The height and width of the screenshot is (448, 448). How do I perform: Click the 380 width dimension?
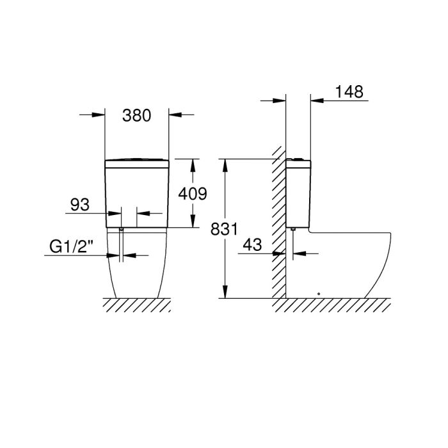tap(136, 116)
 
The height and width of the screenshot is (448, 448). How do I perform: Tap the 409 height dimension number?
tap(193, 194)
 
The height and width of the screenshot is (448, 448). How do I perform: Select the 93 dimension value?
tap(80, 205)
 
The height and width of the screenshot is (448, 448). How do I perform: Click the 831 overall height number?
tap(224, 229)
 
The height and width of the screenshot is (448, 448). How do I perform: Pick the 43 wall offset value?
tap(252, 245)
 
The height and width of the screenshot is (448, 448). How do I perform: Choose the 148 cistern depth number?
tap(349, 92)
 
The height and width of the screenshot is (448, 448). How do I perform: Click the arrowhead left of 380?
tap(99, 115)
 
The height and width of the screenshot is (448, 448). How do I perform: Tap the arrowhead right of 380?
tap(175, 115)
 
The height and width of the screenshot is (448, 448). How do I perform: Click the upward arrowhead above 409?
tap(193, 165)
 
